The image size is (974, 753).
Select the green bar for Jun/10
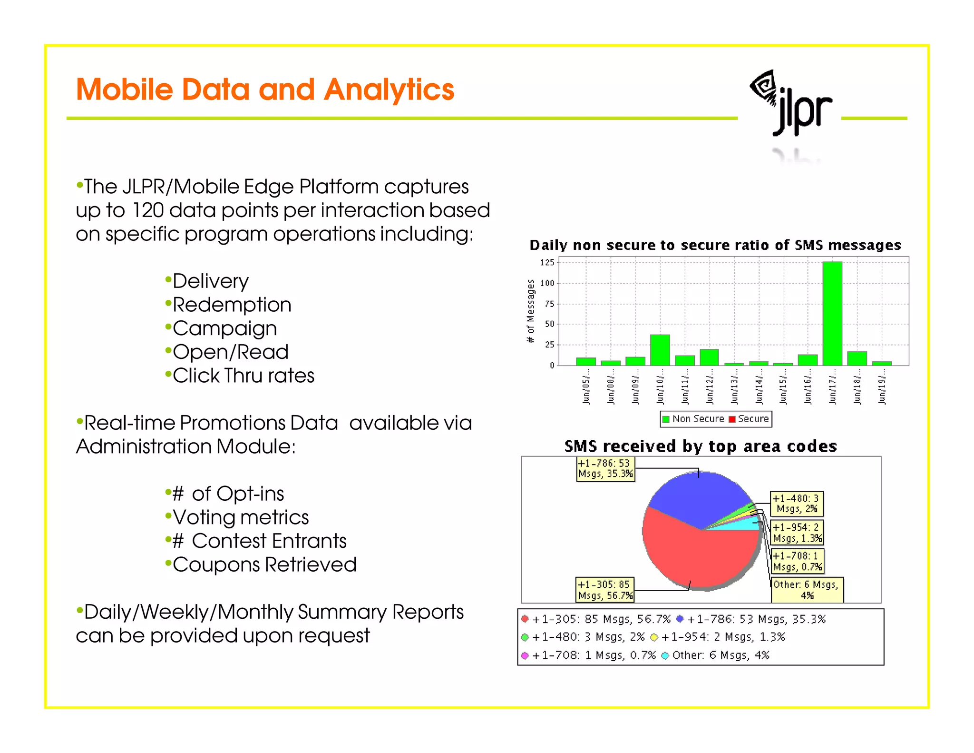coord(660,350)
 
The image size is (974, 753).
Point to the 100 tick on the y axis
coord(547,283)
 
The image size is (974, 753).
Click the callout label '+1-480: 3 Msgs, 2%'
coord(797,504)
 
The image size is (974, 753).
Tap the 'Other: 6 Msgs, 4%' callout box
coord(807,590)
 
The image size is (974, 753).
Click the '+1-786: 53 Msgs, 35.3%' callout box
coord(605,469)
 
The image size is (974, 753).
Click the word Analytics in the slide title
coord(389,90)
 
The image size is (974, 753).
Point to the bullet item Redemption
coord(232,305)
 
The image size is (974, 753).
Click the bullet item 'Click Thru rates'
coord(243,376)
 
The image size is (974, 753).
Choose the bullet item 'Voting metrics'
coord(240,517)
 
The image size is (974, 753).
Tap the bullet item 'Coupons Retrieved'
coord(264,565)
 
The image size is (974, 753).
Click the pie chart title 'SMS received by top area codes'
coord(700,446)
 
